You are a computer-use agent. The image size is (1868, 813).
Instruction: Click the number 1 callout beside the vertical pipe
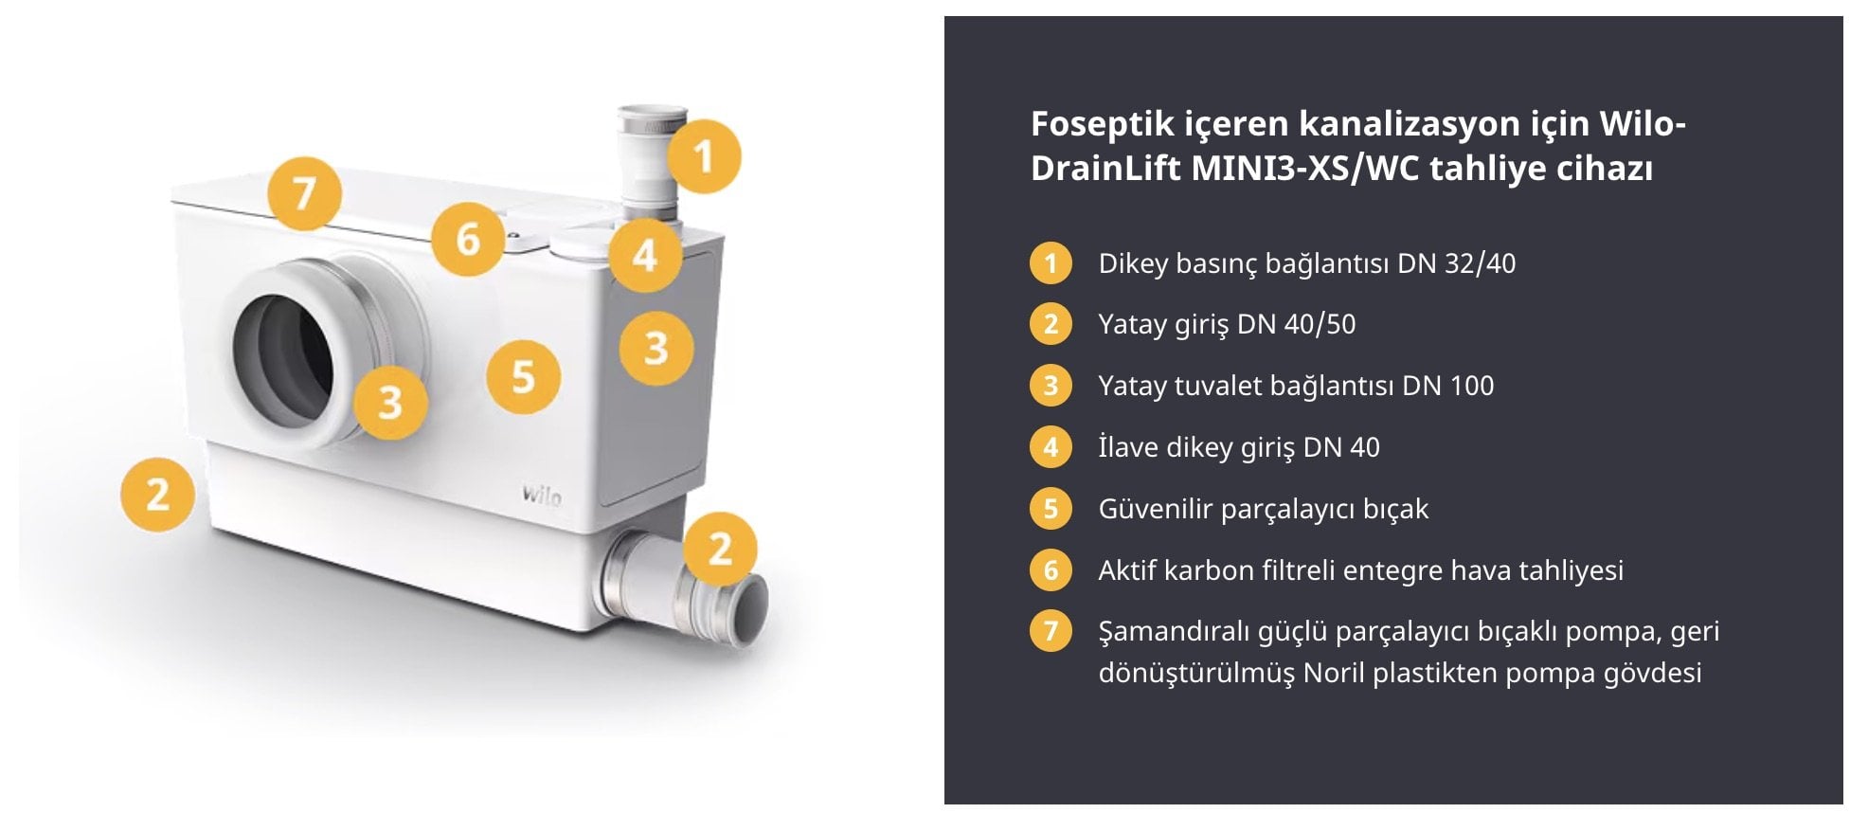tap(703, 156)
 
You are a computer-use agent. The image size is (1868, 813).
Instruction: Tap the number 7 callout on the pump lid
tap(304, 194)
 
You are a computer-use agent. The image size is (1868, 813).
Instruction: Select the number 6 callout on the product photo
tap(468, 239)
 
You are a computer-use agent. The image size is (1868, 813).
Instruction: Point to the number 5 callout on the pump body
tap(523, 377)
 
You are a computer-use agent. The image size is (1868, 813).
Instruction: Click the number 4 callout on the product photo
tap(645, 256)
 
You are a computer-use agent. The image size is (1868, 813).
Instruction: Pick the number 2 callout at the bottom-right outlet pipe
tap(721, 549)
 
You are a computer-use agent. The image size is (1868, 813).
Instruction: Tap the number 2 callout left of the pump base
tap(158, 495)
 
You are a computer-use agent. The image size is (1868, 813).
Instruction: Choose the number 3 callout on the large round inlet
tap(390, 403)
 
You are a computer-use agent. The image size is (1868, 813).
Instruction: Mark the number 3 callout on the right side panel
tap(656, 348)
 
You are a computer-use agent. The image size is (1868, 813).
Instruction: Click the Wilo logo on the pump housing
tap(541, 495)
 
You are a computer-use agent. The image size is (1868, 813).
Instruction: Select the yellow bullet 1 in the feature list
tap(1051, 263)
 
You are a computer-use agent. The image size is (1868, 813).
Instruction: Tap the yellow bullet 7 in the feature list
tap(1051, 631)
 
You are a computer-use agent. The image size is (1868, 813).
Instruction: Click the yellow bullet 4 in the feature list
tap(1051, 447)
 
